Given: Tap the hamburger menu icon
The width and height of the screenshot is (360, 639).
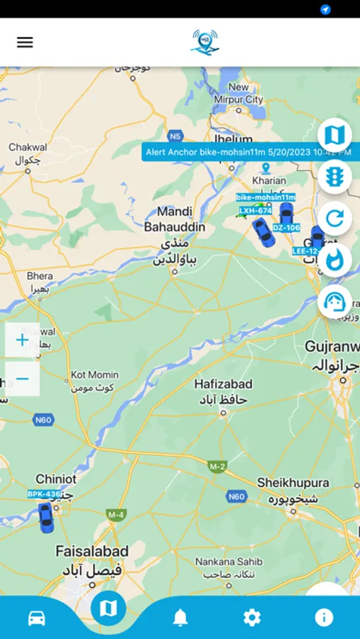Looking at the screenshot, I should (x=25, y=42).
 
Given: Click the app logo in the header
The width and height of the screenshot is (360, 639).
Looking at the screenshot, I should (x=205, y=42).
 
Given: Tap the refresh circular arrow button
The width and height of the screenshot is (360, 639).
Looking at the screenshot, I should (x=334, y=218).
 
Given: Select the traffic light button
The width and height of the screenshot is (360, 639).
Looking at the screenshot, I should (x=334, y=176).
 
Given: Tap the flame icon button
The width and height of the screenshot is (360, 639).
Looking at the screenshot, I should (x=334, y=260).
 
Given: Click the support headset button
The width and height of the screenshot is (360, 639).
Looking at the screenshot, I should (x=334, y=302).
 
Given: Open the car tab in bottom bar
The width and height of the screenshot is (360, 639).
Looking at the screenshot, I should (x=37, y=618).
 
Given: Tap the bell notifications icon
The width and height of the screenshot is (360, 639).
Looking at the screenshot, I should (x=180, y=618).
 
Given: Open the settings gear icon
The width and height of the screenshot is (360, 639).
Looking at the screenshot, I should (x=252, y=618).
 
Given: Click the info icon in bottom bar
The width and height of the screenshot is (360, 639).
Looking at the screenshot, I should (x=324, y=618).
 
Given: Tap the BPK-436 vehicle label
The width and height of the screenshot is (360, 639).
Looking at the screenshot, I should (x=44, y=493).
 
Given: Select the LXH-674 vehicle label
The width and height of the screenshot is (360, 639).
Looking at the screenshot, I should (x=256, y=210).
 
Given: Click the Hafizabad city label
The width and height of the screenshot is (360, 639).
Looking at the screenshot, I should (x=223, y=384).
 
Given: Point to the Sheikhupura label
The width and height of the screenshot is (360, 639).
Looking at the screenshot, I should (x=293, y=483).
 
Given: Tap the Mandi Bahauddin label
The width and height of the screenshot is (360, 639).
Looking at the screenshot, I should (x=175, y=219).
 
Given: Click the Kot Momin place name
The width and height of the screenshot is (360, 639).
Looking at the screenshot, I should (x=95, y=374).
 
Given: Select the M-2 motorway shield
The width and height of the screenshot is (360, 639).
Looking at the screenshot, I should (x=217, y=466).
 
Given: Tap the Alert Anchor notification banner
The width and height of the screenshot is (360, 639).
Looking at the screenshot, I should (x=246, y=152).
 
